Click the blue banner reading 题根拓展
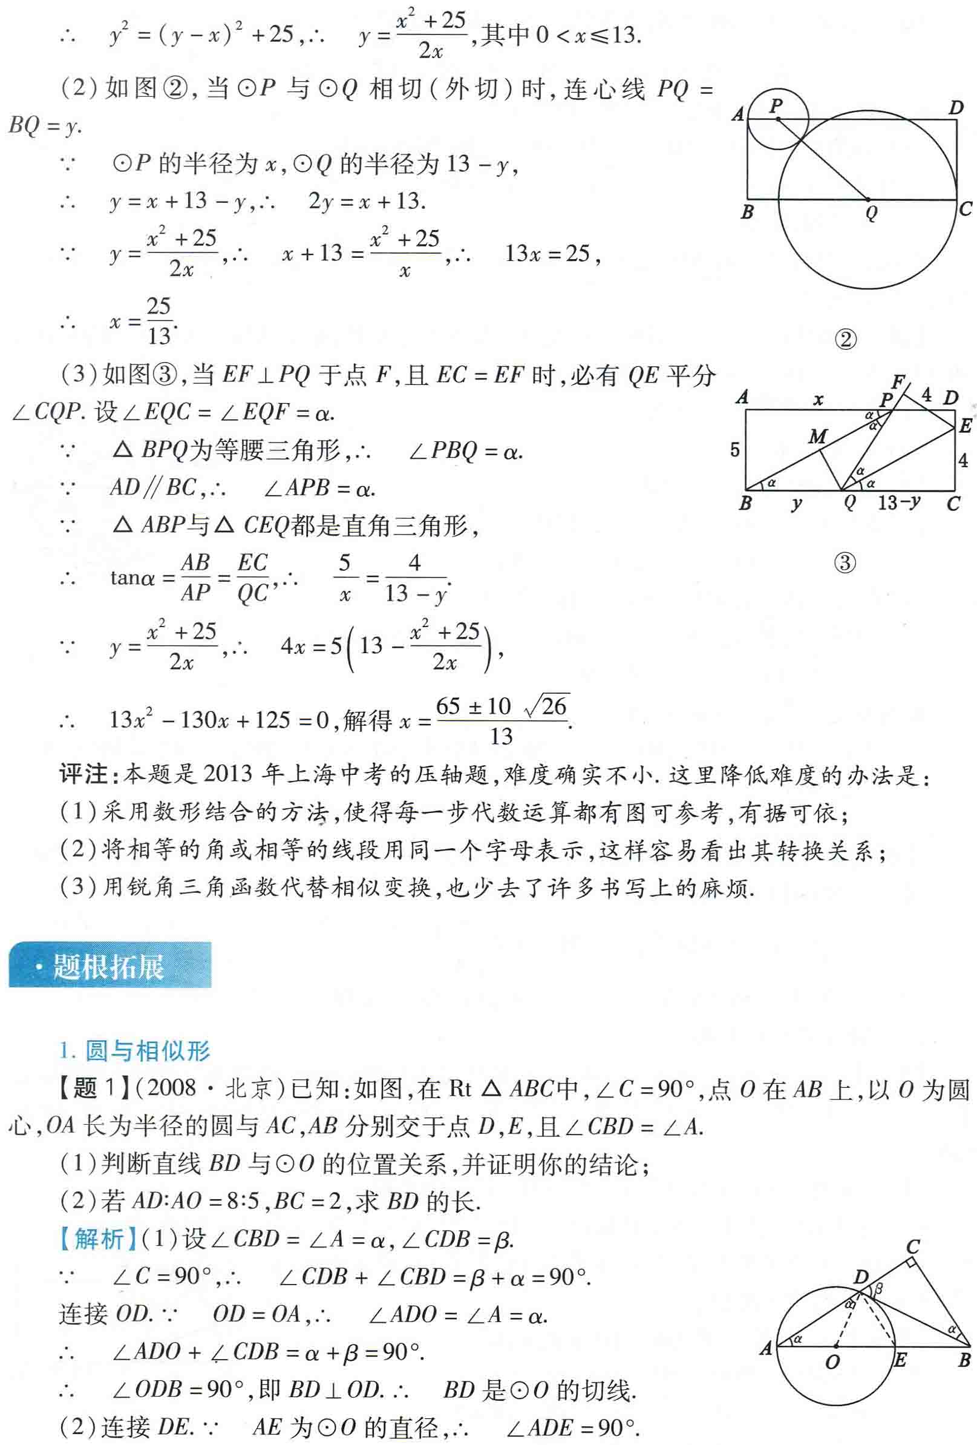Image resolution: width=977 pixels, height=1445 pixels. (109, 966)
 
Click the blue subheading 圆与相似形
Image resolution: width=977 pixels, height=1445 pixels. (147, 1050)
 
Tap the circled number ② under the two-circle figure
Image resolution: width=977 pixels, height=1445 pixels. (845, 340)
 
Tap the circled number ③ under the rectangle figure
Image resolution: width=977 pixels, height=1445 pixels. (845, 563)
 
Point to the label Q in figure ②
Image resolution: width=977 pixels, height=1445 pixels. (871, 213)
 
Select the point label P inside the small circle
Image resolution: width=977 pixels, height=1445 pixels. (776, 106)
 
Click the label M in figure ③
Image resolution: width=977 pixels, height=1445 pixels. (817, 436)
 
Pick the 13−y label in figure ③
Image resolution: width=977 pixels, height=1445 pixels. (899, 502)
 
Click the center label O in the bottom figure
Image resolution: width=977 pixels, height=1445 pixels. (832, 1361)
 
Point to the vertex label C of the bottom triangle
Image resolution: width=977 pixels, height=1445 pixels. (912, 1246)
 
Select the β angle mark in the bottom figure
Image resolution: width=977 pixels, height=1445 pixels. (879, 1289)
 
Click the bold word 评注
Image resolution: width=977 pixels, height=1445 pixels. (83, 775)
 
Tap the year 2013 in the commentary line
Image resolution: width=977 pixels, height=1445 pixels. (227, 775)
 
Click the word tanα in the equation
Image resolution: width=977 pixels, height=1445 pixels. (132, 578)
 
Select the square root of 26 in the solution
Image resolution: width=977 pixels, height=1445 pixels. (547, 706)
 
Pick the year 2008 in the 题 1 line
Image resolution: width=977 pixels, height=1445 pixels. (172, 1088)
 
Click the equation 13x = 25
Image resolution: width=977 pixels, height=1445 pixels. (547, 254)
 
